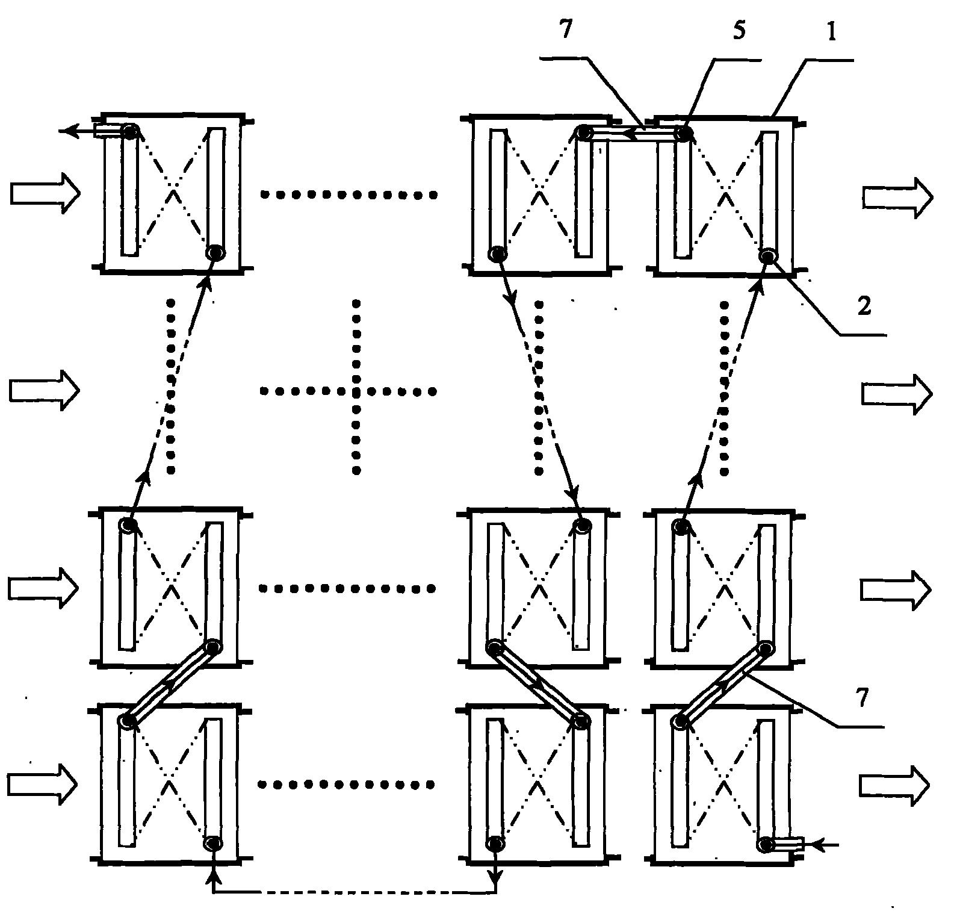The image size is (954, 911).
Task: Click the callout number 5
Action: (x=739, y=31)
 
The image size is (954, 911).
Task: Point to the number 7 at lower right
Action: (x=863, y=698)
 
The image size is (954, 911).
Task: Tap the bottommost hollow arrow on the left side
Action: (x=43, y=785)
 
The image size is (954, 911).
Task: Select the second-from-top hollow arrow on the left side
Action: (x=45, y=391)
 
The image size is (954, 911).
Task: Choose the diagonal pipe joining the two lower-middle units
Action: (x=538, y=684)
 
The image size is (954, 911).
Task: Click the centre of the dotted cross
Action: (x=356, y=391)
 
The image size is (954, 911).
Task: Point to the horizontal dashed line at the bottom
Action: (x=355, y=892)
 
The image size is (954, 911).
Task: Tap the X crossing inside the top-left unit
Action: (x=173, y=191)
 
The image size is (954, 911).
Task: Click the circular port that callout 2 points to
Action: (x=768, y=257)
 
